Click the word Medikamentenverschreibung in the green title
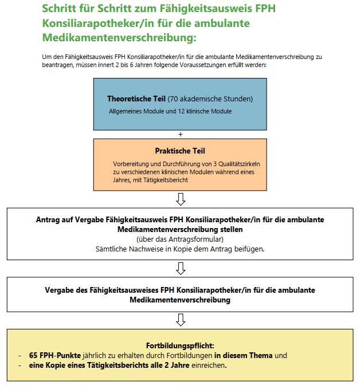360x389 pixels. click(x=119, y=38)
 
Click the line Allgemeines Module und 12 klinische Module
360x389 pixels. click(x=170, y=111)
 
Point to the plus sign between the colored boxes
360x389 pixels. click(x=181, y=134)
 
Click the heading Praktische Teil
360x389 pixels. click(x=180, y=151)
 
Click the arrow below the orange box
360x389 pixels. click(x=181, y=199)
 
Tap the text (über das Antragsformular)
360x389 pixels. click(x=181, y=238)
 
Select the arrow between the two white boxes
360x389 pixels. click(x=181, y=268)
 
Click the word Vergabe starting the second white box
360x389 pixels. click(x=62, y=290)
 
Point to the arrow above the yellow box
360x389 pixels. click(x=181, y=319)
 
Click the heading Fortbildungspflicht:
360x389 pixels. click(x=180, y=346)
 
